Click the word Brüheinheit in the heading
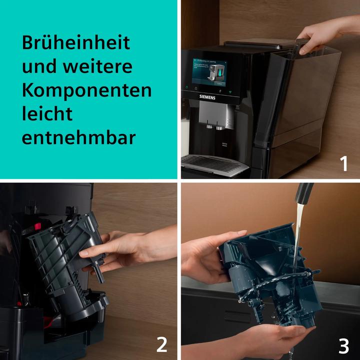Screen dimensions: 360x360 click(75, 42)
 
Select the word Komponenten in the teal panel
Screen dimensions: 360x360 click(86, 90)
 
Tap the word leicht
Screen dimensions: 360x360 click(47, 114)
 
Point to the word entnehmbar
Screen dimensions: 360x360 click(78, 138)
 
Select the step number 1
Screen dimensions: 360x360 click(343, 163)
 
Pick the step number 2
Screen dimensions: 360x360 click(161, 344)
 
